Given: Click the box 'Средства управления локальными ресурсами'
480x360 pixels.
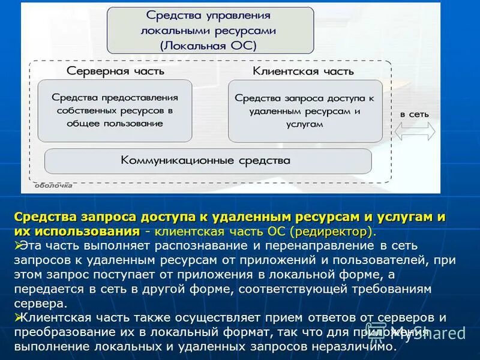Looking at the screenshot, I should pyautogui.click(x=210, y=30).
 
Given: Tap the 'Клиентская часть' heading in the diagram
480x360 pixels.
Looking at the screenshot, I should pyautogui.click(x=303, y=70).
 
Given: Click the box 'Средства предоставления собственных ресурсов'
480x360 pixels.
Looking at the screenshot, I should pyautogui.click(x=116, y=110).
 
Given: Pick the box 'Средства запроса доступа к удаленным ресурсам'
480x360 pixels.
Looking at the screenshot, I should pyautogui.click(x=304, y=110).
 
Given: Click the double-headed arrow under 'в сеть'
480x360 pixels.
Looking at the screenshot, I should pyautogui.click(x=415, y=131).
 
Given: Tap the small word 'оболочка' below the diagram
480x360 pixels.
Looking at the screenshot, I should pyautogui.click(x=53, y=185).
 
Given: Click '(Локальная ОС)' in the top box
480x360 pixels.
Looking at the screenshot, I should pyautogui.click(x=208, y=44).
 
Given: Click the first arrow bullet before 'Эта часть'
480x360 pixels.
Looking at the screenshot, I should pyautogui.click(x=18, y=245).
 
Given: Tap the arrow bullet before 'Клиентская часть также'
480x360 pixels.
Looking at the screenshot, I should pyautogui.click(x=18, y=317).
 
